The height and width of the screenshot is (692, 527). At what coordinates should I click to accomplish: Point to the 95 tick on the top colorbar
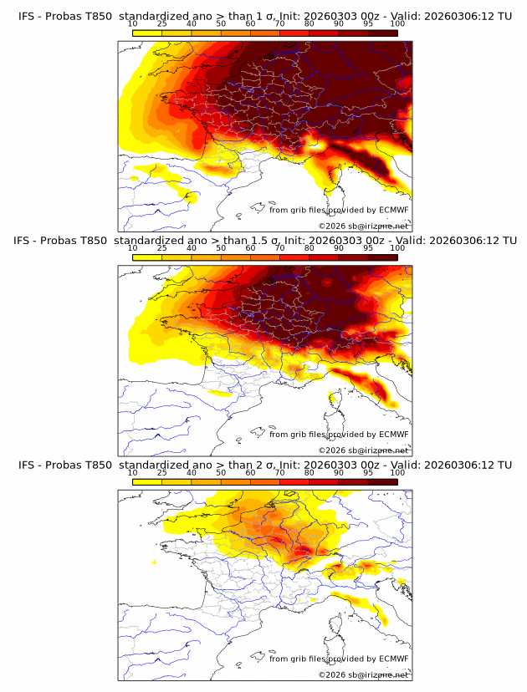(369, 23)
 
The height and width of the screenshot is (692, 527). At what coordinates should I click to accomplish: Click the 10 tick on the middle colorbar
(133, 248)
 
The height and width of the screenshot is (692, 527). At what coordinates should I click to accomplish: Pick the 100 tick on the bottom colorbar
(397, 473)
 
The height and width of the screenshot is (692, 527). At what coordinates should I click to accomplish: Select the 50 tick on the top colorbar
(221, 23)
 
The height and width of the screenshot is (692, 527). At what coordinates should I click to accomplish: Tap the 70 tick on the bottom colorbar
(280, 473)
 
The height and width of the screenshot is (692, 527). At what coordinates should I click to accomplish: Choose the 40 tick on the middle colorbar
(192, 248)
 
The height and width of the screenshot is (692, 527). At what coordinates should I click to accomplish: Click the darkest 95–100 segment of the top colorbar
(383, 33)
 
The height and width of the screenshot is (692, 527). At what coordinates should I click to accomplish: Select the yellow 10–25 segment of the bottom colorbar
(147, 482)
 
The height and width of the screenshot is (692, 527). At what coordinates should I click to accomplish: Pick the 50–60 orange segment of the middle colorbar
(236, 257)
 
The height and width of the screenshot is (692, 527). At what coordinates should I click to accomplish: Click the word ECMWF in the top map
(393, 210)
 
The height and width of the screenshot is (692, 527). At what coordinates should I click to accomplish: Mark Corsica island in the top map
(339, 178)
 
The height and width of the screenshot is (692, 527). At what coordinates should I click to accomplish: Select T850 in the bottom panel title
(97, 465)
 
